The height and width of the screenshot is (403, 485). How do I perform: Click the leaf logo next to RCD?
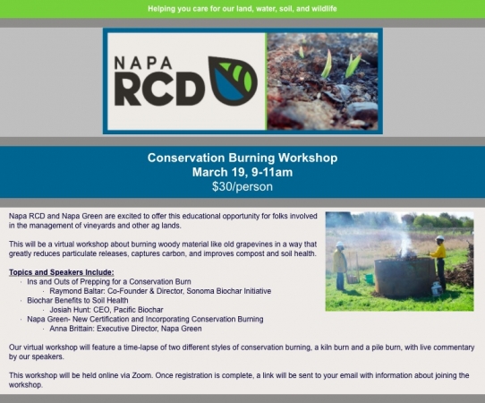pos(233,81)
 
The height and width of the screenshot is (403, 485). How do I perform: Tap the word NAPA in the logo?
pos(143,63)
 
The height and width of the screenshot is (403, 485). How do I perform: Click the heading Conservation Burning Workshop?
pos(242,158)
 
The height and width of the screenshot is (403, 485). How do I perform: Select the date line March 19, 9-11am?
pos(242,172)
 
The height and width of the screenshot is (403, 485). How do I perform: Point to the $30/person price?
pos(242,186)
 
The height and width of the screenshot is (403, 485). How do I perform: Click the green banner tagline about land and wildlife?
pos(242,9)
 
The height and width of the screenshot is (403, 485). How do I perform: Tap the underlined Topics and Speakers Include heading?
pos(61,272)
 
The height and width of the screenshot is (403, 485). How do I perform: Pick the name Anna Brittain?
pos(72,329)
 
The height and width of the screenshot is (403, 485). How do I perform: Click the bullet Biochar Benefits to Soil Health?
pos(78,300)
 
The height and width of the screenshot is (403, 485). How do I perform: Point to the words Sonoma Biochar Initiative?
pos(229,291)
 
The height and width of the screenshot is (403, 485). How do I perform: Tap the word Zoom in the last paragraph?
pos(141,375)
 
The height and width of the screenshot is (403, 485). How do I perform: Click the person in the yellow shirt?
pos(439,263)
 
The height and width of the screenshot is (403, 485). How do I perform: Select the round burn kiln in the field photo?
pos(405,277)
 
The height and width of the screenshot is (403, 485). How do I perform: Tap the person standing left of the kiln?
pos(340,266)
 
